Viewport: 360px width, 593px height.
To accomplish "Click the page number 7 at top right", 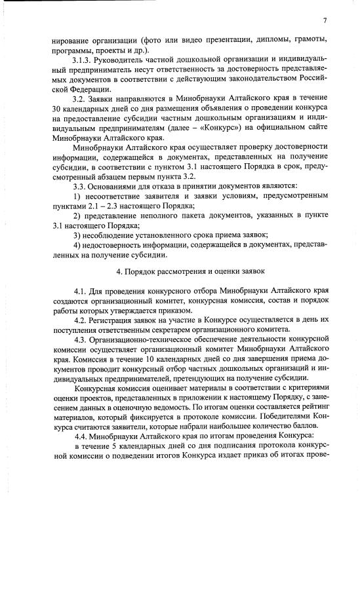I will pos(325,20).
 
